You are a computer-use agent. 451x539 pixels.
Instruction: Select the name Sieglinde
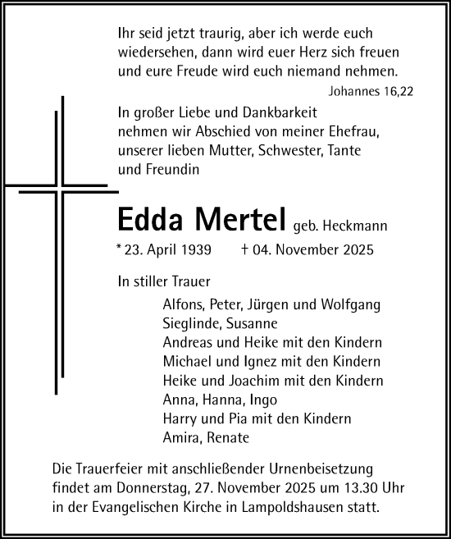[190, 323]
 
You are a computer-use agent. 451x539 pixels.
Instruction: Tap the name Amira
[181, 438]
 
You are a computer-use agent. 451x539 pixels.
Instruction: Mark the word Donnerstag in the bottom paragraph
[152, 488]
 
